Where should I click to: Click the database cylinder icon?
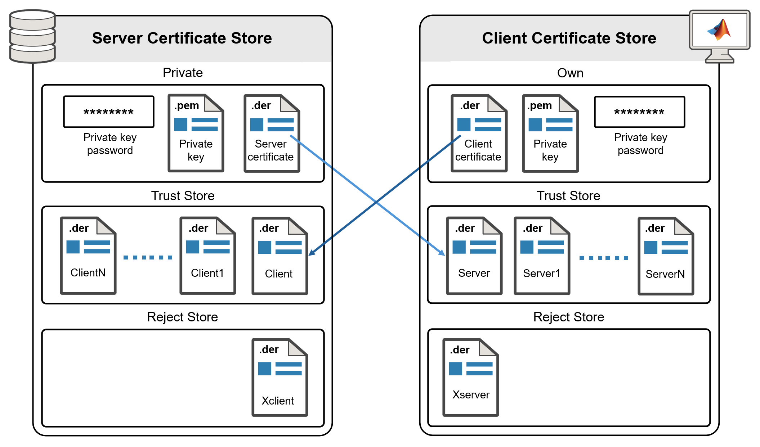click(32, 36)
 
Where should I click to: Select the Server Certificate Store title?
click(182, 38)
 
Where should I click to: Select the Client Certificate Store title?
click(569, 38)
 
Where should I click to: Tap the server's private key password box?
click(109, 112)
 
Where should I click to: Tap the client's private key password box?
click(639, 112)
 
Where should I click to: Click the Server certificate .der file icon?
click(272, 134)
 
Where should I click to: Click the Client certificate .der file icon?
click(479, 134)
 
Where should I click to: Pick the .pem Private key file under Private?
click(196, 134)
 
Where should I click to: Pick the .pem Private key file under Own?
click(550, 134)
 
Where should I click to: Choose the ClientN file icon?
click(88, 256)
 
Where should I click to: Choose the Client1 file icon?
click(207, 256)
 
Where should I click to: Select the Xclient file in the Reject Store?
click(280, 378)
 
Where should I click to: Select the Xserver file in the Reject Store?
click(470, 378)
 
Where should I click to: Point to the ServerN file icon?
click(666, 256)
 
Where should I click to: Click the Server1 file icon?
click(542, 256)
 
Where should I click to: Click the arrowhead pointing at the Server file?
click(442, 253)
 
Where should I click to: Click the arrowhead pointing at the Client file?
click(312, 253)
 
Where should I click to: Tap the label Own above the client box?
click(570, 73)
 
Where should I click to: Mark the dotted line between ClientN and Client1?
click(148, 257)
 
